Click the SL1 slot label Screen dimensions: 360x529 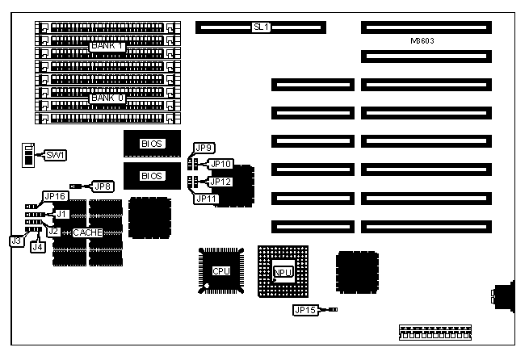pos(261,27)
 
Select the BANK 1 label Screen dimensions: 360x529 pos(107,46)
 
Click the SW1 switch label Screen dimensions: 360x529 pos(55,154)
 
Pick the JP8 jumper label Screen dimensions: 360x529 pos(103,186)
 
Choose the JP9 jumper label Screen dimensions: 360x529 pos(204,148)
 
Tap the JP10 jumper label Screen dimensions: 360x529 pos(220,164)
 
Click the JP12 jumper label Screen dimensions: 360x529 pos(220,182)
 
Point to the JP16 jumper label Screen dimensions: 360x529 pos(55,196)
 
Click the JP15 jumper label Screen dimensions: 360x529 pos(304,309)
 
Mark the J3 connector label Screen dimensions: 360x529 pos(15,240)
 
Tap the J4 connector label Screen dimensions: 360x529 pos(37,248)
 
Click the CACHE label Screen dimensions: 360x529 pos(87,232)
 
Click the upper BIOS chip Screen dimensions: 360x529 pos(152,144)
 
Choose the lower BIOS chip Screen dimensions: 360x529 pos(152,175)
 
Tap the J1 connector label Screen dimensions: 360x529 pos(62,213)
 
